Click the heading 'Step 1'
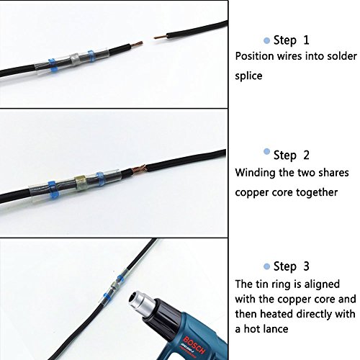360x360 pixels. (x=291, y=40)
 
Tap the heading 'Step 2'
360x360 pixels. (x=291, y=155)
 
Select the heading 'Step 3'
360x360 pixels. (x=291, y=266)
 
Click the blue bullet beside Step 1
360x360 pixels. (x=266, y=40)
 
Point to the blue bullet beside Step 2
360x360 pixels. (x=266, y=151)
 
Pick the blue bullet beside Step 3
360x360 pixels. (x=266, y=266)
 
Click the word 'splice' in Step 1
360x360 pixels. (x=248, y=76)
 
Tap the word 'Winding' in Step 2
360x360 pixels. (x=255, y=173)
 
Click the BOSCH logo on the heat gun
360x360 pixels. (x=194, y=346)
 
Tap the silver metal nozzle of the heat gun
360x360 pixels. (x=142, y=304)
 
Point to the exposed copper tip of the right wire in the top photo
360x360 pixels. (x=160, y=37)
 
